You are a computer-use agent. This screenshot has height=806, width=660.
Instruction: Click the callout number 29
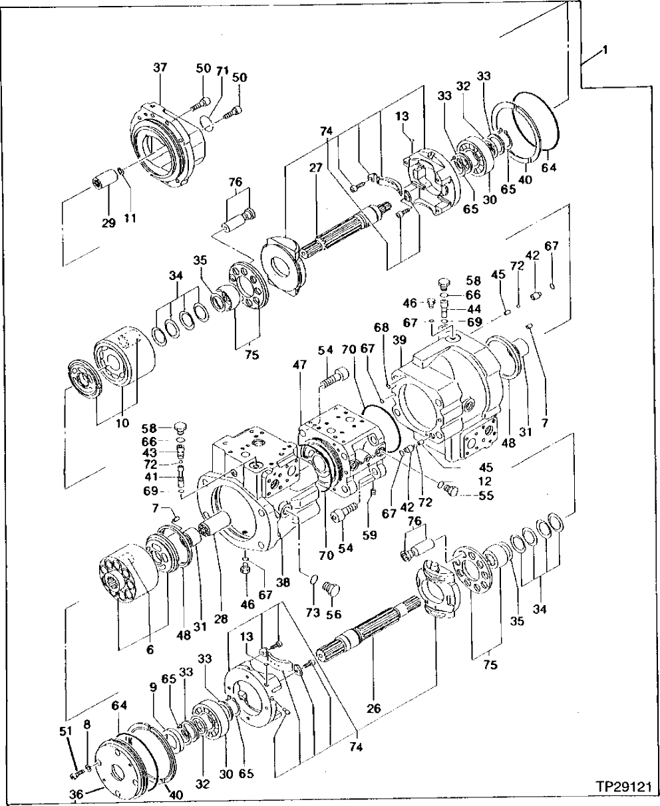[109, 223]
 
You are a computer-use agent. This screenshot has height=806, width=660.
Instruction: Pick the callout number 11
[130, 218]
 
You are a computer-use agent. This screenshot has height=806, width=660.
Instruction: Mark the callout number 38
[283, 581]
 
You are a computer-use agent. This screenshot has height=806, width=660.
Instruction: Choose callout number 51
[65, 732]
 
